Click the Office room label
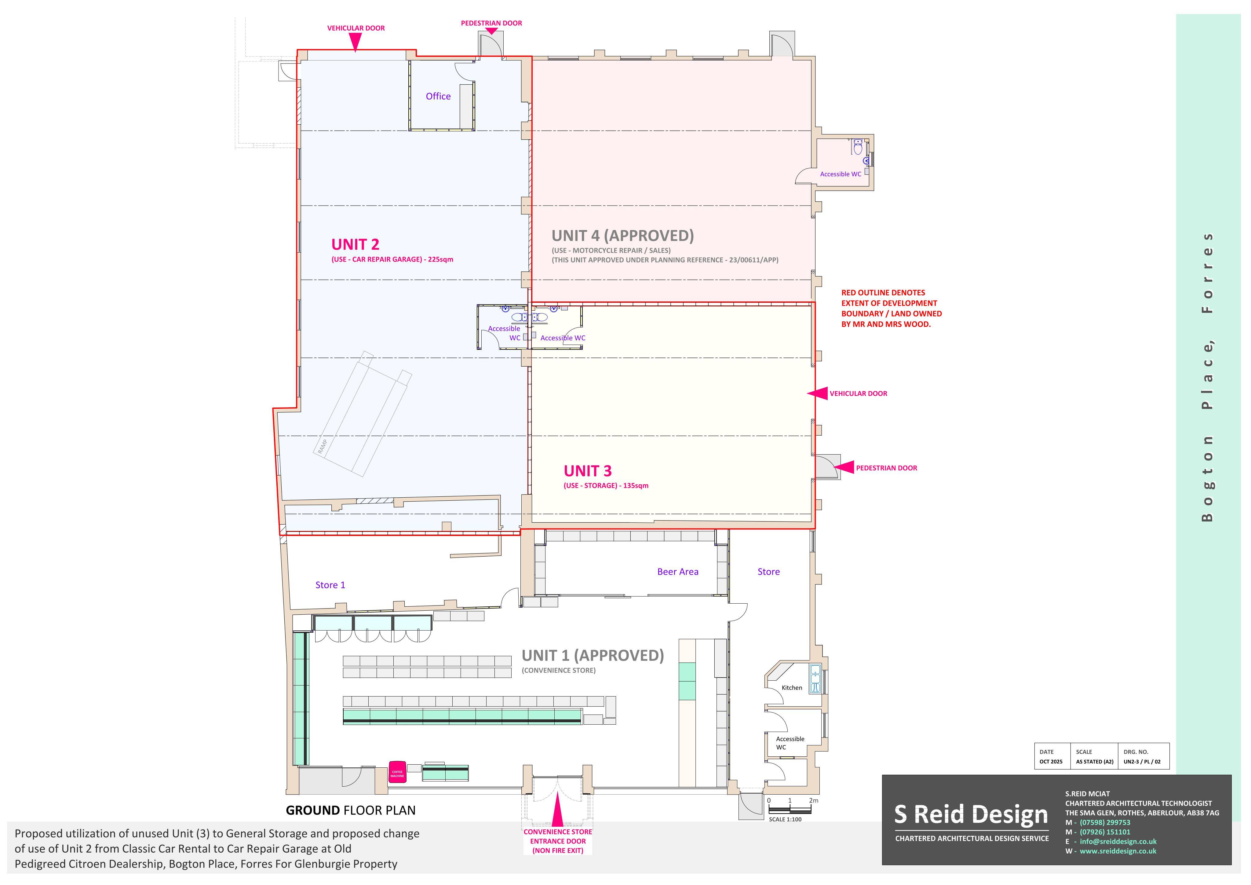click(x=438, y=97)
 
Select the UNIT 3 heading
click(x=587, y=471)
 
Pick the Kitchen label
click(x=792, y=688)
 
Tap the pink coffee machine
click(x=397, y=772)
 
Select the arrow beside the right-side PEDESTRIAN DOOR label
click(x=844, y=467)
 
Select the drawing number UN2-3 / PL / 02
click(x=1142, y=762)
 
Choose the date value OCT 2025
click(x=1051, y=762)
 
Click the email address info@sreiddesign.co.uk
click(x=1118, y=841)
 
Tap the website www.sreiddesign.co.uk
click(x=1118, y=851)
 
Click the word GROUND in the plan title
click(x=313, y=810)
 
